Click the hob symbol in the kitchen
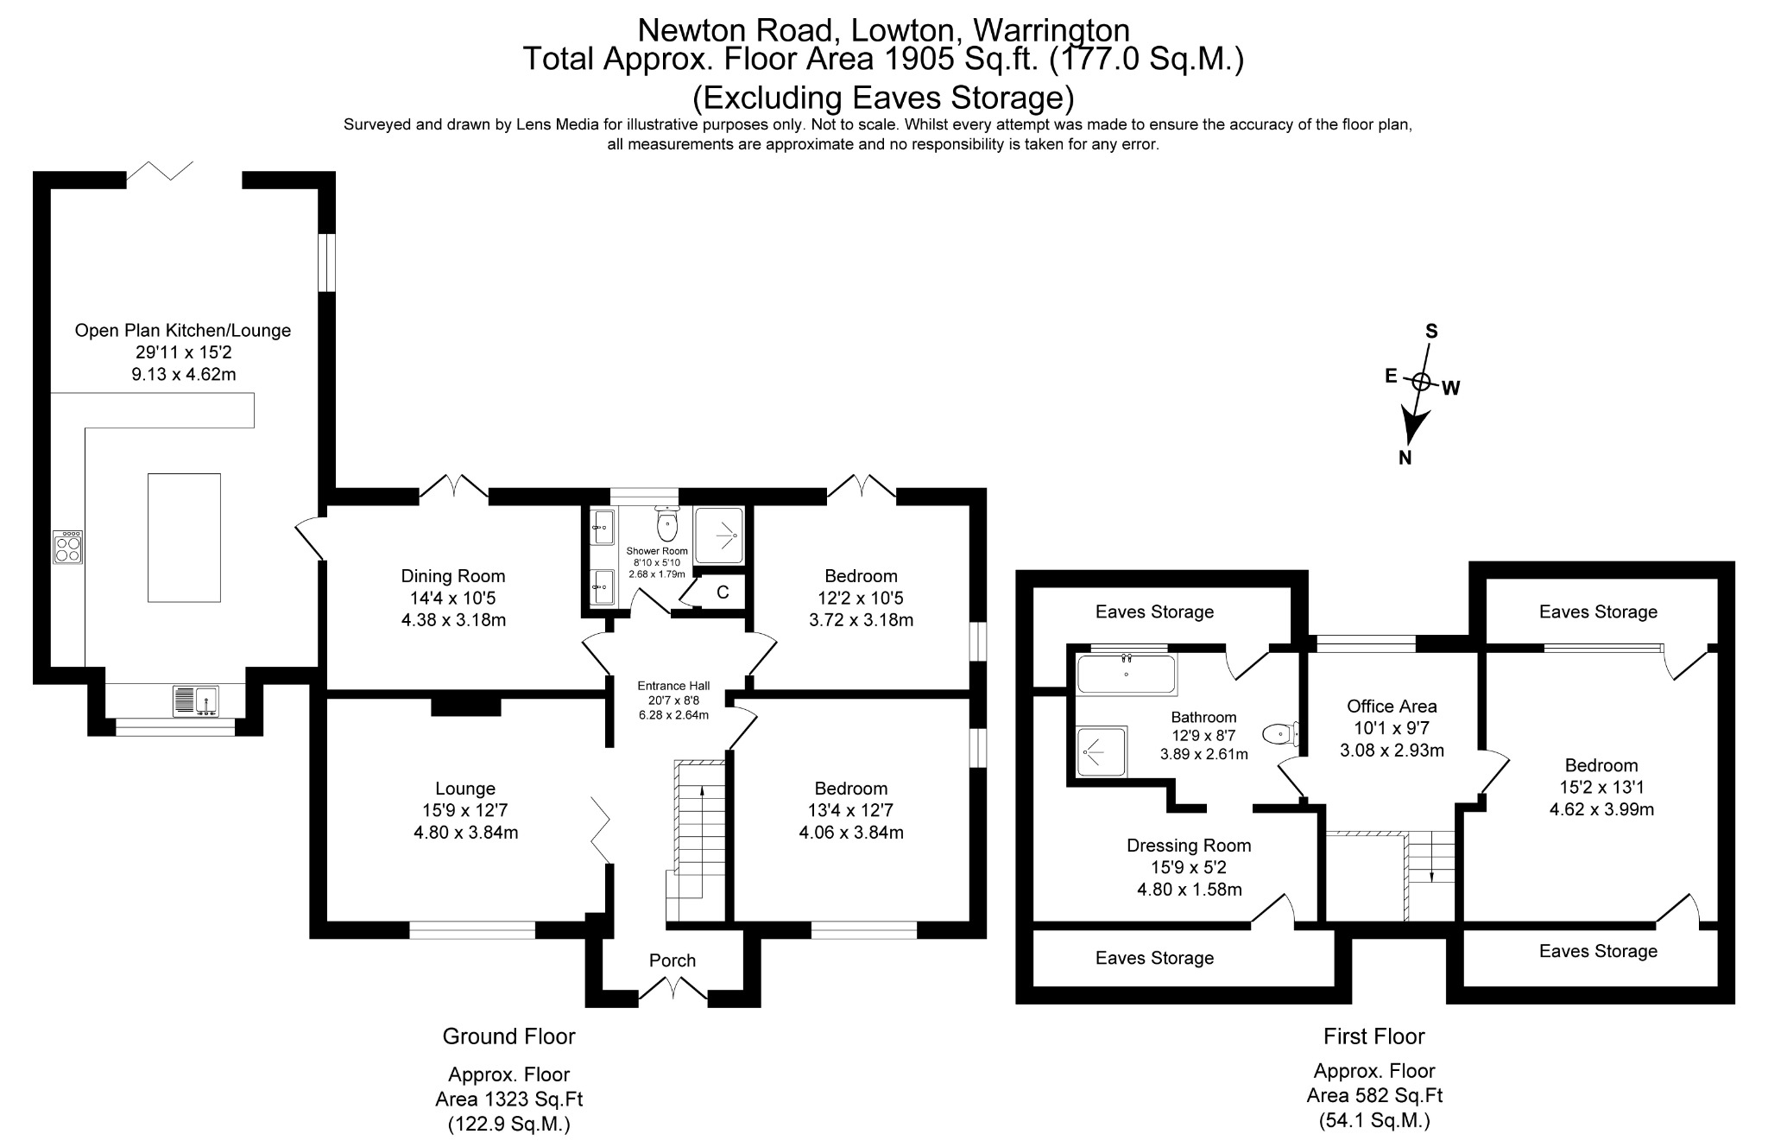pyautogui.click(x=68, y=547)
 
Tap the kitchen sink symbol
pyautogui.click(x=196, y=700)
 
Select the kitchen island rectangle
pyautogui.click(x=184, y=537)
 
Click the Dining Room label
pyautogui.click(x=453, y=576)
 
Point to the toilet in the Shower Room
pyautogui.click(x=667, y=524)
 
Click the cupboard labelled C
pyautogui.click(x=723, y=593)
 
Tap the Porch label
pyautogui.click(x=672, y=960)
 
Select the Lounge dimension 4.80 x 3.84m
pyautogui.click(x=465, y=833)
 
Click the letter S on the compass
pyautogui.click(x=1430, y=332)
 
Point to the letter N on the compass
pyautogui.click(x=1405, y=458)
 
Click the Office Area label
pyautogui.click(x=1392, y=707)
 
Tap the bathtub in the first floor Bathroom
pyautogui.click(x=1127, y=675)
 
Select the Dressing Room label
pyautogui.click(x=1189, y=846)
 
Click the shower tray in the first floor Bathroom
pyautogui.click(x=1102, y=751)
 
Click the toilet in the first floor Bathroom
pyautogui.click(x=1281, y=734)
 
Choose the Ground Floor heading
pyautogui.click(x=508, y=1036)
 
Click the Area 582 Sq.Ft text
pyautogui.click(x=1374, y=1096)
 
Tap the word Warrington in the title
pyautogui.click(x=1050, y=31)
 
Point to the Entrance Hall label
pyautogui.click(x=673, y=686)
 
